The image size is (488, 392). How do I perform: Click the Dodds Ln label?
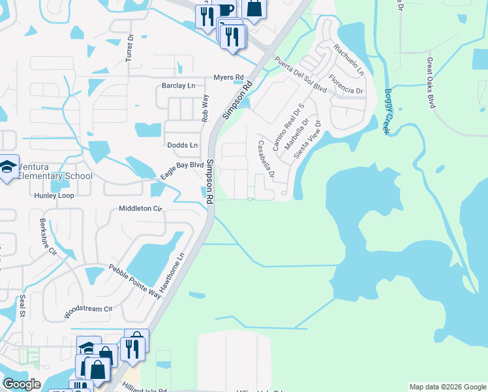[182, 145]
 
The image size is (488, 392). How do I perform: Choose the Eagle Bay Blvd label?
[182, 170]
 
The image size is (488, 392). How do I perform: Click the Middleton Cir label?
[140, 209]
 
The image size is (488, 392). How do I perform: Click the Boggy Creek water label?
[388, 112]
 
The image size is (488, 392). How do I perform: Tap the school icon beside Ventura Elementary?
[8, 168]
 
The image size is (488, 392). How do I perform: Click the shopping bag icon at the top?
[254, 8]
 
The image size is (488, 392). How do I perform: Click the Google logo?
[22, 384]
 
